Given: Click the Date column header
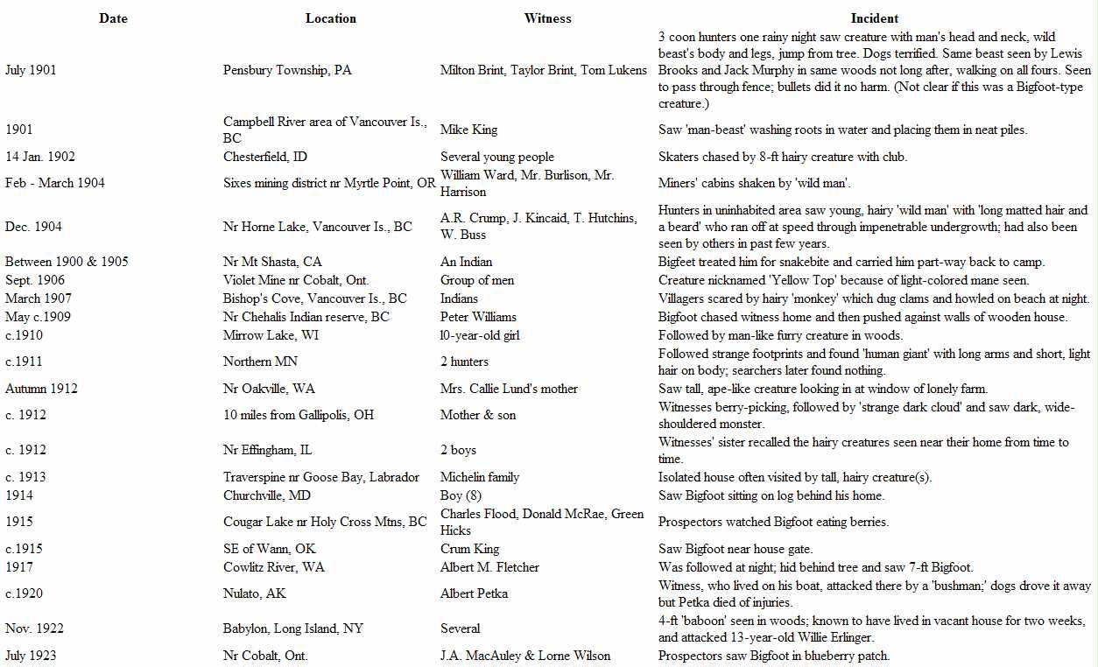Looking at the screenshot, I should (x=113, y=18).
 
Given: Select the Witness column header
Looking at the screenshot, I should (x=547, y=18).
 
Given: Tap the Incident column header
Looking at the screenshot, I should (x=875, y=18).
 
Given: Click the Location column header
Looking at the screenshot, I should (x=331, y=18).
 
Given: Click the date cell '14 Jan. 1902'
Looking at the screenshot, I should (x=40, y=157).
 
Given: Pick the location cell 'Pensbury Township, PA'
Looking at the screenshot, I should (x=287, y=70).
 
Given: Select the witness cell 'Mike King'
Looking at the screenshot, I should (x=468, y=130).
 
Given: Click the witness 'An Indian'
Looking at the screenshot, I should (x=466, y=262).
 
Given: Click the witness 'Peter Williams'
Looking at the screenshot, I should (x=478, y=317).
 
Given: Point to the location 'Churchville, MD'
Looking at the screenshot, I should (x=267, y=495).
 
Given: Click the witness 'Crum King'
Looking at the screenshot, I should (x=469, y=549).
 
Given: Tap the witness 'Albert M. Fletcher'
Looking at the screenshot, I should (x=489, y=567).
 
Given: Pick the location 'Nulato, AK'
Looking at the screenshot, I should (x=255, y=593).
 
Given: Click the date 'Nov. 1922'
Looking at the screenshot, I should (x=34, y=628).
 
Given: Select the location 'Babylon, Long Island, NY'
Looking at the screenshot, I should (x=292, y=628).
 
